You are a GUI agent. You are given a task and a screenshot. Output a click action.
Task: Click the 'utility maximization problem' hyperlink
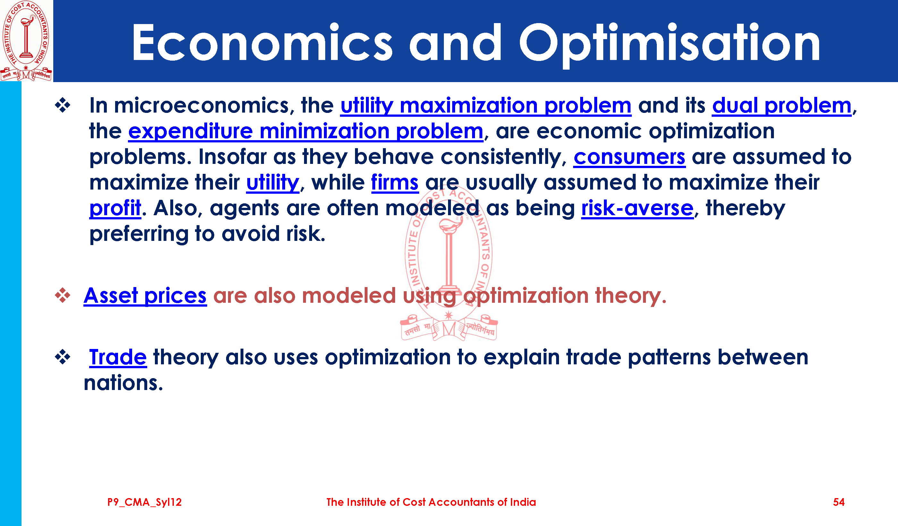tap(486, 106)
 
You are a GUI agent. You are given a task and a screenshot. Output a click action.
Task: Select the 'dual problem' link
tap(782, 106)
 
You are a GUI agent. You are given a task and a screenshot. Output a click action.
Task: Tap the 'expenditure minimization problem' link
tap(305, 131)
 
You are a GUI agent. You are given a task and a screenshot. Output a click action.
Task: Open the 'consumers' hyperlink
tap(629, 157)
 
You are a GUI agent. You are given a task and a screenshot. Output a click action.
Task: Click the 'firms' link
tap(395, 182)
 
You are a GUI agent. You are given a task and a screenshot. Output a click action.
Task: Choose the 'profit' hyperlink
tap(115, 208)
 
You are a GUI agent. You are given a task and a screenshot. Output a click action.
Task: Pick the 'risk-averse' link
tap(638, 208)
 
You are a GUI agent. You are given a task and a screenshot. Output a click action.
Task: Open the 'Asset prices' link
tap(145, 296)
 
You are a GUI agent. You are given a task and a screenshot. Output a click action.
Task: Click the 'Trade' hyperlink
tap(118, 357)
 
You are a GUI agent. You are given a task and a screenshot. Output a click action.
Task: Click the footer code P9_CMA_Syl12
tap(144, 503)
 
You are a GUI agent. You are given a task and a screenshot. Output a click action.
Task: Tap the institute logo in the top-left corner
tap(26, 41)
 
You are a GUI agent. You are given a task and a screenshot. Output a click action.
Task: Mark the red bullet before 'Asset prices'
tap(63, 295)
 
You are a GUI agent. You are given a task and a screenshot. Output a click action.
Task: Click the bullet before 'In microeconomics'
tap(63, 106)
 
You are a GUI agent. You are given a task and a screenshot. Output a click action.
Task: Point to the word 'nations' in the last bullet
tap(123, 383)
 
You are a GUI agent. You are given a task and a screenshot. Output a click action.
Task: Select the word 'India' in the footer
tap(523, 502)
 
